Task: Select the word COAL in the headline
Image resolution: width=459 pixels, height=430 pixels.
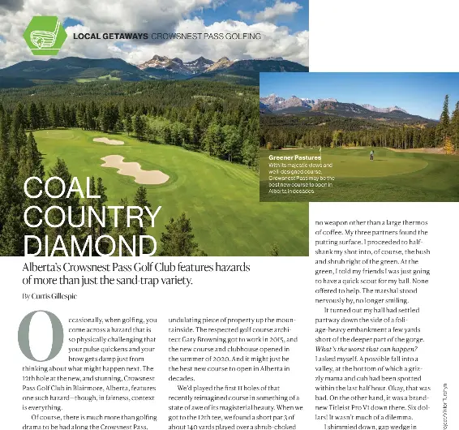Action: pyautogui.click(x=63, y=188)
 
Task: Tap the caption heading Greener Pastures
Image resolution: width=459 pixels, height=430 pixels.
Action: pyautogui.click(x=295, y=157)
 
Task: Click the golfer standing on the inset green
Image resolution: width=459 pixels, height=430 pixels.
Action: pyautogui.click(x=371, y=153)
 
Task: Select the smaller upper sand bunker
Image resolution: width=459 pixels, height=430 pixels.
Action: pyautogui.click(x=109, y=141)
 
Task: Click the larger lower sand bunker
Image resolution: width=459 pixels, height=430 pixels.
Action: pyautogui.click(x=135, y=170)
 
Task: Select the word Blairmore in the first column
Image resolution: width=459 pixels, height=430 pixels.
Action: pyautogui.click(x=84, y=388)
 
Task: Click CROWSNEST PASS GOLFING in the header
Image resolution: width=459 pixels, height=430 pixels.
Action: pyautogui.click(x=207, y=37)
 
